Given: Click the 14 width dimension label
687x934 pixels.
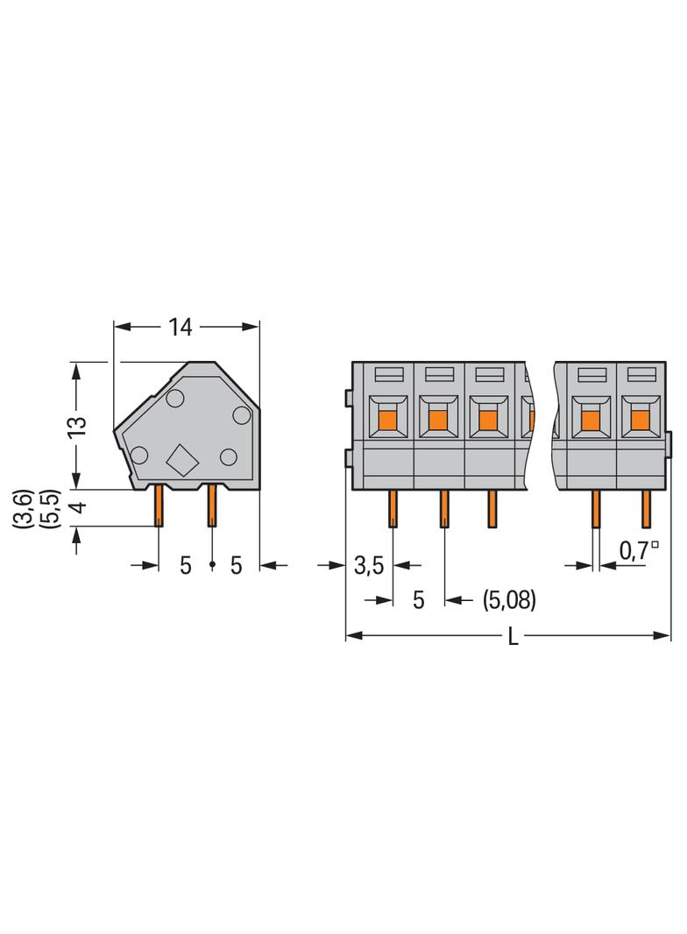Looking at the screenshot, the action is tap(180, 327).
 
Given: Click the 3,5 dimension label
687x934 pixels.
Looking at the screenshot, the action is tap(370, 565).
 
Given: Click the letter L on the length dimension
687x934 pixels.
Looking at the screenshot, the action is tap(513, 637).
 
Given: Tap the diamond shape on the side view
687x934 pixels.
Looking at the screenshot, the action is tap(181, 461).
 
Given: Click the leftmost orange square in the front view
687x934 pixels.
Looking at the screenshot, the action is tap(388, 421).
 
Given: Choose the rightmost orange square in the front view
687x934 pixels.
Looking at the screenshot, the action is tap(640, 421).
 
